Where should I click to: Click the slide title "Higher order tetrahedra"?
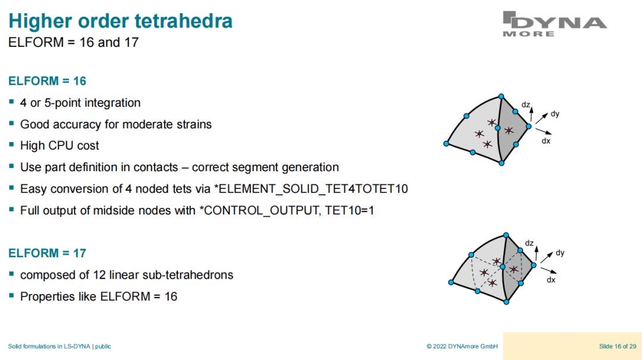click(120, 21)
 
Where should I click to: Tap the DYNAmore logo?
click(555, 24)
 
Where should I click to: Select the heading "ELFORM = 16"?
click(47, 81)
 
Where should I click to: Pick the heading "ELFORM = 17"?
click(47, 253)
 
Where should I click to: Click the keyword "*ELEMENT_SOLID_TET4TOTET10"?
click(311, 189)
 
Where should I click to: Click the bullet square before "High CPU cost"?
click(11, 145)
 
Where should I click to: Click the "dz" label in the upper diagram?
click(525, 105)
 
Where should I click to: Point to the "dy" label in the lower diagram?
click(560, 253)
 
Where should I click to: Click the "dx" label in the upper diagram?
click(546, 141)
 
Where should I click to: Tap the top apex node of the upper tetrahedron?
click(501, 97)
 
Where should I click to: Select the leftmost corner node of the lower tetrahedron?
click(451, 282)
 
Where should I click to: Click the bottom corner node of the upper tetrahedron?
click(502, 163)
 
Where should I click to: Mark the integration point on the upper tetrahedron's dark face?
click(508, 131)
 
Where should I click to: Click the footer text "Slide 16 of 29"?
click(618, 346)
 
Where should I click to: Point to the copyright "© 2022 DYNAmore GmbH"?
click(462, 346)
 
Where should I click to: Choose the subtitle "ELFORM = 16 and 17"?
click(74, 43)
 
